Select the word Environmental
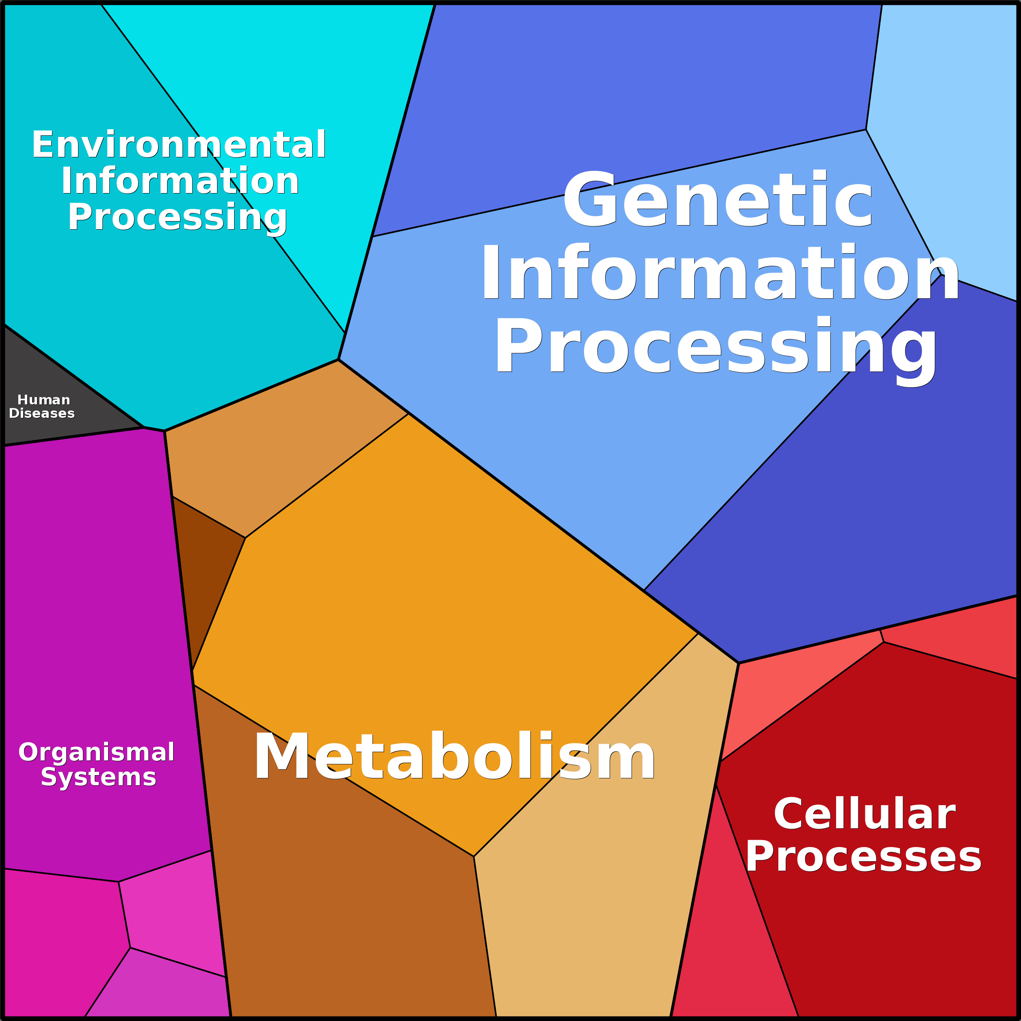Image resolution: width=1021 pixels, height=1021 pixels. tap(178, 144)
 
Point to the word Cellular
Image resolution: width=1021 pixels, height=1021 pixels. tap(865, 815)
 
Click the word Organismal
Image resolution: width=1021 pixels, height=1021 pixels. tap(96, 752)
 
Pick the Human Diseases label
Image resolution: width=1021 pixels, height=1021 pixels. tap(42, 406)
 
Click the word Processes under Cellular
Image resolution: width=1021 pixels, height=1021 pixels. tap(864, 857)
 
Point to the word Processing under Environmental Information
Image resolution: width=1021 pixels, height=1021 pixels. tap(177, 217)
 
